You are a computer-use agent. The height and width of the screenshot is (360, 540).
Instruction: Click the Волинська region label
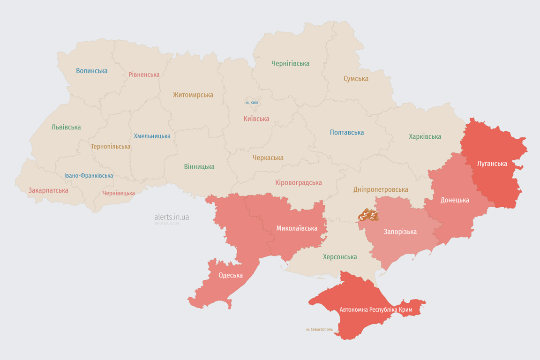coord(92,71)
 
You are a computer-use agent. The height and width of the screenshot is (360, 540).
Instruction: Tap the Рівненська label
coord(144,75)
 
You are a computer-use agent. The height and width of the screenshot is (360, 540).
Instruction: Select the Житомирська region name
coord(193,95)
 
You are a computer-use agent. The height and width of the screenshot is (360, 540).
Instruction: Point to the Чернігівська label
coord(290,63)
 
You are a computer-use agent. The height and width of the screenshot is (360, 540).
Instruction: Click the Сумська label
coord(356,79)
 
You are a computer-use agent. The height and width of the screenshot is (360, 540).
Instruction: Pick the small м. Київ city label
coord(252,102)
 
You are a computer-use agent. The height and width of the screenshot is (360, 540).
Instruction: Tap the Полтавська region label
coord(347,132)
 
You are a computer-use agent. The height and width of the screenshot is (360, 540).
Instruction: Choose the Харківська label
coord(425,136)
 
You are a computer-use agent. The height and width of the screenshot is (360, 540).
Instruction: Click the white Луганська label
coord(492,164)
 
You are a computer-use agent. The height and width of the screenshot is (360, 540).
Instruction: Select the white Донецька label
coord(455,200)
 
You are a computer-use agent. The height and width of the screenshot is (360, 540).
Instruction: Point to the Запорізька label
coord(400,232)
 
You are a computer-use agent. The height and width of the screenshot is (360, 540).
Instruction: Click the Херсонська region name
coord(340,257)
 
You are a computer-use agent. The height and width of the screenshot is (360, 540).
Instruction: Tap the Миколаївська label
coord(297,228)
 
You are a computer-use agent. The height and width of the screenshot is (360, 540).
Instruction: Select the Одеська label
coord(231,275)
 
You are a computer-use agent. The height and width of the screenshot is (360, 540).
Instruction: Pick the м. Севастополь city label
coord(319,329)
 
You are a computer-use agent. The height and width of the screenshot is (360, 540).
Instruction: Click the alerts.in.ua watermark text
coord(172,217)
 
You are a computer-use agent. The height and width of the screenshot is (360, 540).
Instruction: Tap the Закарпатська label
coord(48,190)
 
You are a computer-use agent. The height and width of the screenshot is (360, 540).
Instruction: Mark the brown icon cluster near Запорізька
coord(368,216)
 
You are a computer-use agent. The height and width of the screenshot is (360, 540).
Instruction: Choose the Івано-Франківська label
coord(89,176)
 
